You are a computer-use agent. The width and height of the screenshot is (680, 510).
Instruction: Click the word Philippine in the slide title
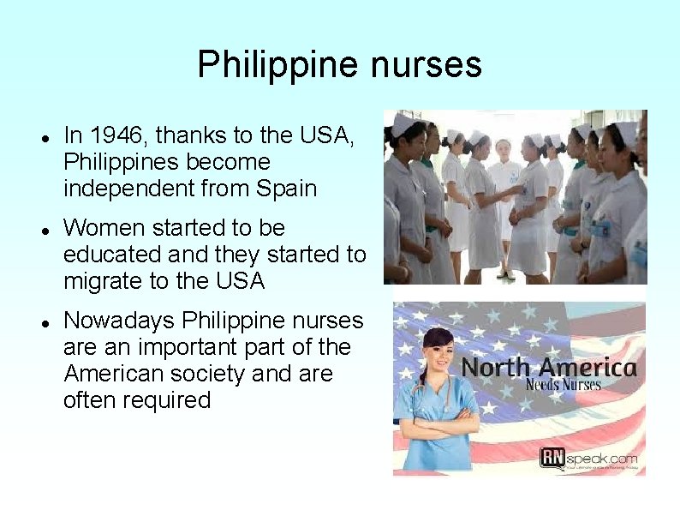[261, 65]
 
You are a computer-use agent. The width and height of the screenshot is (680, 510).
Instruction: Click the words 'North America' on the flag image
[549, 369]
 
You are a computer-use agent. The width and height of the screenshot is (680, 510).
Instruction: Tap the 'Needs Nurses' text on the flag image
[563, 385]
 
